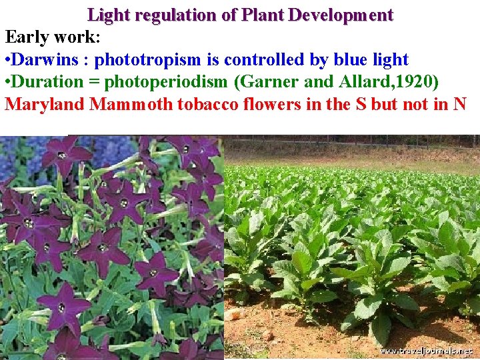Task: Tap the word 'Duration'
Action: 47,82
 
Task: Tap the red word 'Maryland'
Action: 45,105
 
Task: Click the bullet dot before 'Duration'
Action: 7,83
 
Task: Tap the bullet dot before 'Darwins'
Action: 7,61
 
